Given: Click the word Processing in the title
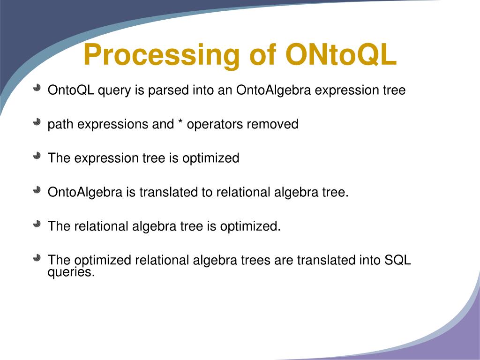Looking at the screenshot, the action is tap(161, 55).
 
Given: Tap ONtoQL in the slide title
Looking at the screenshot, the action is tap(341, 55).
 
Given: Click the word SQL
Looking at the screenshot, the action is tap(397, 260).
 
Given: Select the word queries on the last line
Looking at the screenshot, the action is tap(71, 272).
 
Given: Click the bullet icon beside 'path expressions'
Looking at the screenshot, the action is tap(37, 122).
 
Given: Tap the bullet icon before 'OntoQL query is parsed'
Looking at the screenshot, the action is tap(37, 88).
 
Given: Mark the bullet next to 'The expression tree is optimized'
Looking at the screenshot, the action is tap(37, 156).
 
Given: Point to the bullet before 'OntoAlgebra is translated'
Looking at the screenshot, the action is tap(37, 190).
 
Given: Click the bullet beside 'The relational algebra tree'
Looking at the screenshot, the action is tap(37, 224).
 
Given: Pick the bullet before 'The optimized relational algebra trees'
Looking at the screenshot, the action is tap(37, 258).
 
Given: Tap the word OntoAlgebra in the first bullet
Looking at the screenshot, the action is tap(273, 90).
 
